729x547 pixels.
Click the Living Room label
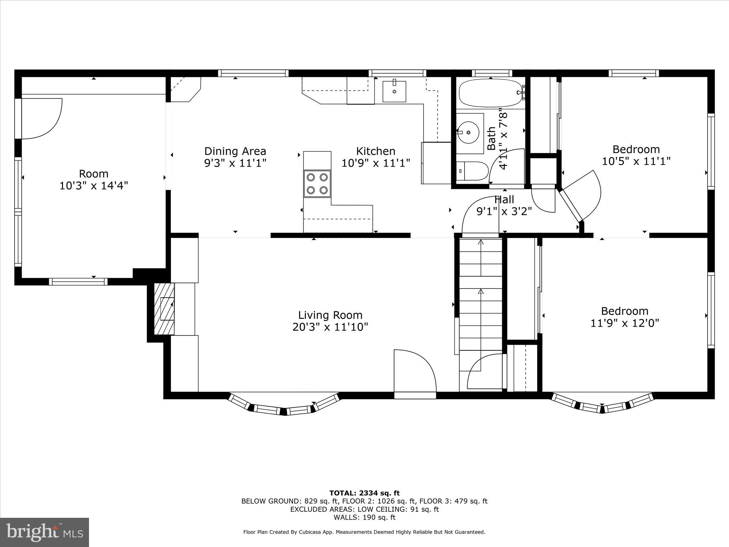pyautogui.click(x=330, y=315)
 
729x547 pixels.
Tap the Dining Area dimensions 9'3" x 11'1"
pyautogui.click(x=235, y=163)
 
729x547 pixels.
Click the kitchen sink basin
pyautogui.click(x=394, y=92)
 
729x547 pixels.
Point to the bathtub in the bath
pyautogui.click(x=490, y=93)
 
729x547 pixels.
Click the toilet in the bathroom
pyautogui.click(x=472, y=171)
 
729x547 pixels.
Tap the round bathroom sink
pyautogui.click(x=468, y=132)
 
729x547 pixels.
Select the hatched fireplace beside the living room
pyautogui.click(x=164, y=309)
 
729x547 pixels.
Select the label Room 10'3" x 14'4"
pyautogui.click(x=94, y=179)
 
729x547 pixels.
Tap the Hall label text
pyautogui.click(x=504, y=199)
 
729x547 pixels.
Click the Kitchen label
pyautogui.click(x=376, y=151)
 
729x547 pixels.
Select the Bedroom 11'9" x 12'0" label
pyautogui.click(x=624, y=317)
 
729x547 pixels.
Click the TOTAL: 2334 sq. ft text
pyautogui.click(x=364, y=493)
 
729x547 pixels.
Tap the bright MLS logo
pyautogui.click(x=44, y=532)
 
